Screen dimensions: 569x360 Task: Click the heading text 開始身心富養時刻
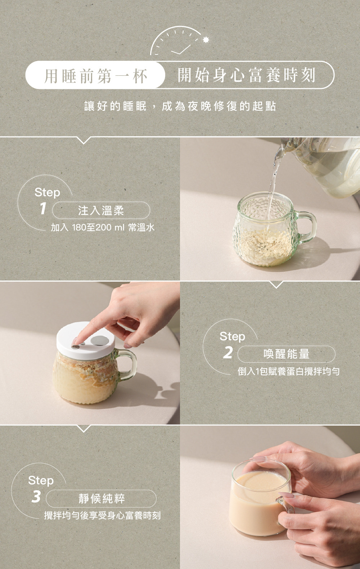pyautogui.click(x=247, y=75)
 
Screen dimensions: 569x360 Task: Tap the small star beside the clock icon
pyautogui.click(x=206, y=39)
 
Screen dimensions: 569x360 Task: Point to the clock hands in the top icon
pyautogui.click(x=182, y=50)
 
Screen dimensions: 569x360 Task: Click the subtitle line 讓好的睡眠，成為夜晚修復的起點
pyautogui.click(x=180, y=106)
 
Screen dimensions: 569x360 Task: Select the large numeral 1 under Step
pyautogui.click(x=43, y=209)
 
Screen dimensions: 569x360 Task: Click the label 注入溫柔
pyautogui.click(x=101, y=211)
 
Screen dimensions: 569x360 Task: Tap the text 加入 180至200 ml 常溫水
pyautogui.click(x=103, y=228)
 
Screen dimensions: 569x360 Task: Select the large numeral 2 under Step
pyautogui.click(x=228, y=353)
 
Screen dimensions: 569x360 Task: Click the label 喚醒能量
pyautogui.click(x=286, y=354)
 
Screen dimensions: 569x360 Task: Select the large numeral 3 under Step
pyautogui.click(x=36, y=497)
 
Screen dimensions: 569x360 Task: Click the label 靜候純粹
pyautogui.click(x=101, y=499)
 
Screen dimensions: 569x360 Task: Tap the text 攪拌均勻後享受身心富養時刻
pyautogui.click(x=103, y=516)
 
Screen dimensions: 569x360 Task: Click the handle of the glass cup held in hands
pyautogui.click(x=286, y=502)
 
